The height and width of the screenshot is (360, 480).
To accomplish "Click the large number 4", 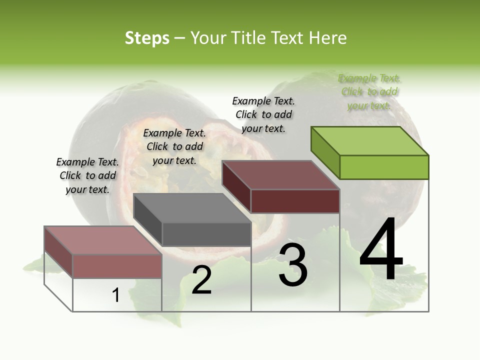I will pyautogui.click(x=381, y=249).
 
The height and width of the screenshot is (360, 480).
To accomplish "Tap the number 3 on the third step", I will pyautogui.click(x=293, y=265).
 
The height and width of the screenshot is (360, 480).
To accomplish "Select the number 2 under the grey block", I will pyautogui.click(x=201, y=280).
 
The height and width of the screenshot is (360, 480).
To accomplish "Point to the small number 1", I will pyautogui.click(x=115, y=295).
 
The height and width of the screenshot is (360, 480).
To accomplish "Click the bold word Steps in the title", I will pyautogui.click(x=147, y=38).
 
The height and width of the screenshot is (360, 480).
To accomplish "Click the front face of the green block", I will pyautogui.click(x=384, y=167).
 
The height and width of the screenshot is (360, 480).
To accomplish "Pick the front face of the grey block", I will pyautogui.click(x=206, y=234).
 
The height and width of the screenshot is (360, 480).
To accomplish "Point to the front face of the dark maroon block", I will pyautogui.click(x=295, y=201).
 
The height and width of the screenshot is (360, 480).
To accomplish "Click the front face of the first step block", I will pyautogui.click(x=117, y=266).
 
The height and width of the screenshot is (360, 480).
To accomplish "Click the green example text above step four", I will pyautogui.click(x=369, y=92).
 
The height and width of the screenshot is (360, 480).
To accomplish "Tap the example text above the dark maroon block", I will pyautogui.click(x=263, y=114).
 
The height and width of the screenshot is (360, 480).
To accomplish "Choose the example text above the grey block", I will pyautogui.click(x=174, y=146).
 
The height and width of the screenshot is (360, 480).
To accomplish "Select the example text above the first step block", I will pyautogui.click(x=87, y=175).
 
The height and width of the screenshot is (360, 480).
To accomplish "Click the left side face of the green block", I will pyautogui.click(x=325, y=152).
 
